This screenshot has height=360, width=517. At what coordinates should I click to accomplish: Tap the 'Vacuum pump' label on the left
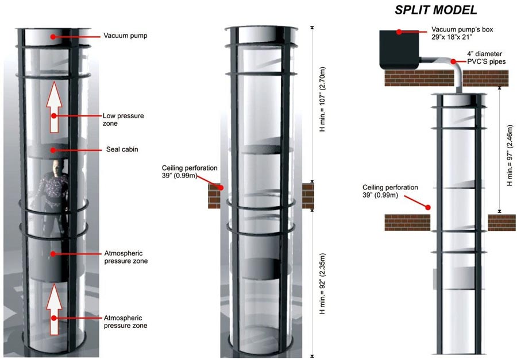click(x=126, y=36)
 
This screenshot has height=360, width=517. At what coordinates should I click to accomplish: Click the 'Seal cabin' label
click(x=121, y=149)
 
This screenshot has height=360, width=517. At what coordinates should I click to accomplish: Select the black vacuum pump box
click(x=400, y=51)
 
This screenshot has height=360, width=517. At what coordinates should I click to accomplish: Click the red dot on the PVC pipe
click(x=453, y=61)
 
